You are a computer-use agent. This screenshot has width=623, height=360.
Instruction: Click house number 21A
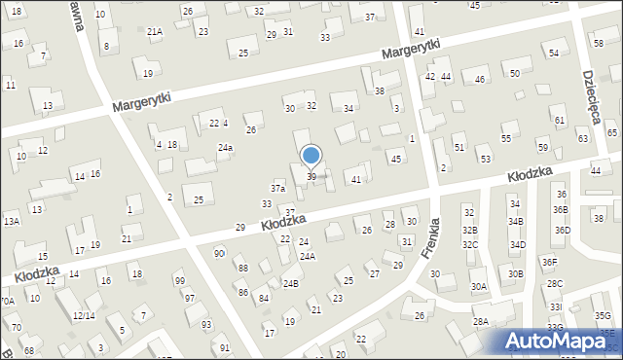click(155, 31)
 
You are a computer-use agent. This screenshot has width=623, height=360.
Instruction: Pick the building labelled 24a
click(225, 148)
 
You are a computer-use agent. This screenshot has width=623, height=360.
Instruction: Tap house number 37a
click(277, 188)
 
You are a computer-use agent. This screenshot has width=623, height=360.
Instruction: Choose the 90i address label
click(219, 254)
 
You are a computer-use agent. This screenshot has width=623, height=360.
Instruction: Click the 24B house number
click(290, 283)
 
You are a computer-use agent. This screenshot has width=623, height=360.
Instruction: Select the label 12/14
click(83, 315)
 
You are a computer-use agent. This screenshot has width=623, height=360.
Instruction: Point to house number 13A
click(11, 222)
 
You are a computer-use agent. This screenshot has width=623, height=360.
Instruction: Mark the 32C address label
click(470, 245)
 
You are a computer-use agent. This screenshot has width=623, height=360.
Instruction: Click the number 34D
click(518, 245)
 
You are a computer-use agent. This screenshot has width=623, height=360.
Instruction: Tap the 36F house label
click(550, 262)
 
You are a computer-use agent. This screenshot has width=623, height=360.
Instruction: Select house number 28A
click(480, 321)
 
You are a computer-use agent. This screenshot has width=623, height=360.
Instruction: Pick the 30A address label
click(478, 287)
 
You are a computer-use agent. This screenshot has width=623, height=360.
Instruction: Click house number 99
click(179, 281)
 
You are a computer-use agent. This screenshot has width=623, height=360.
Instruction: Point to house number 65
click(611, 132)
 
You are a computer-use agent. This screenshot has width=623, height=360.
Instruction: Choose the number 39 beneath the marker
click(311, 176)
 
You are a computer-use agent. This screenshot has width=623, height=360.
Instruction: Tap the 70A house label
click(7, 302)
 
